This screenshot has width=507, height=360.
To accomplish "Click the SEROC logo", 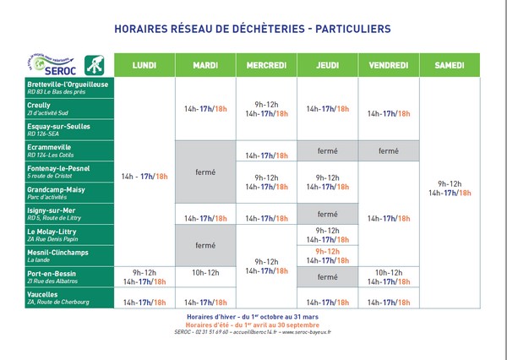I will click(63, 64).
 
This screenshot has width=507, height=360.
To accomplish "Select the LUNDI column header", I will click(144, 65).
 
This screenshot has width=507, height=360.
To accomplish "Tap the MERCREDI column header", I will click(266, 65).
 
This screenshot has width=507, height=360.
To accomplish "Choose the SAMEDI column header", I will click(450, 65).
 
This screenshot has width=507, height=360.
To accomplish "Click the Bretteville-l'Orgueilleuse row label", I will click(68, 89).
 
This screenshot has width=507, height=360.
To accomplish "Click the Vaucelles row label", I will click(59, 297).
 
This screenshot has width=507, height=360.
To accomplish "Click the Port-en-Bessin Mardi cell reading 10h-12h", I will click(205, 273).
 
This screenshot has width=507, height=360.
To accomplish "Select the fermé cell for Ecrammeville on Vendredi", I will click(388, 151).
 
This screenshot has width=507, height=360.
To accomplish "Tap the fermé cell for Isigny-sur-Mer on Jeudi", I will click(327, 214).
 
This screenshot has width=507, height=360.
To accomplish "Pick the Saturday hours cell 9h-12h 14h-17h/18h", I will click(450, 188).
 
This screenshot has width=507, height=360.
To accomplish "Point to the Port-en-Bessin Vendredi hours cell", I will click(388, 277).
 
